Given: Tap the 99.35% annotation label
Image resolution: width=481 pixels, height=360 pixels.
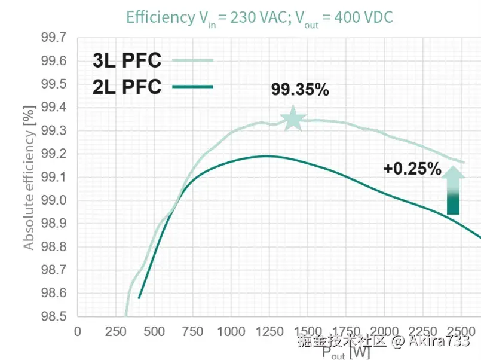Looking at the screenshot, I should point(300,90).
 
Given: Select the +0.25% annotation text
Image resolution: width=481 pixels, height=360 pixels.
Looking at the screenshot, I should point(412,169).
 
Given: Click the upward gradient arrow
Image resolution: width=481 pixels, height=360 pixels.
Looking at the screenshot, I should point(454,190).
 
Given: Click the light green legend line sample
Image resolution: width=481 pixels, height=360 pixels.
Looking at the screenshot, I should point(192,60).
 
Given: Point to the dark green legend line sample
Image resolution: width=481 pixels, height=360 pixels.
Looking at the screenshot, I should point(192,87).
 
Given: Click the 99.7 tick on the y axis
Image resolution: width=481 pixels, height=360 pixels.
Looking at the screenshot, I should point(54,38).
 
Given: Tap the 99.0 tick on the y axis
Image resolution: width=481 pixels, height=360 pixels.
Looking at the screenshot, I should point(54,201).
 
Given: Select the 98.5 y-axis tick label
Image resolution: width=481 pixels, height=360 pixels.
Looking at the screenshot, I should point(54,316).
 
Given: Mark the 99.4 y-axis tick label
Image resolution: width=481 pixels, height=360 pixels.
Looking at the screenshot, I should point(54,108).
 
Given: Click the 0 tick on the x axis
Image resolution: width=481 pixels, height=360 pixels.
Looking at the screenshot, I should point(77,332).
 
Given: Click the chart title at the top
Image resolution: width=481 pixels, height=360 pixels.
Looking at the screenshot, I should point(259,17).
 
